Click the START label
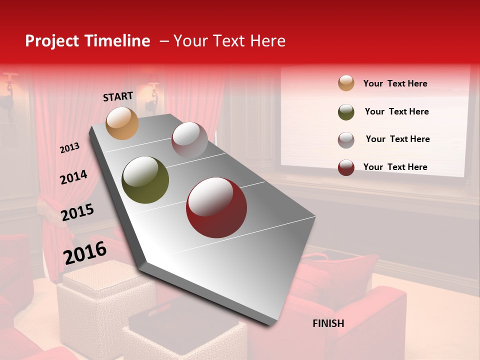click(x=118, y=96)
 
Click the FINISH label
click(x=328, y=323)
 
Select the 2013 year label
click(x=69, y=147)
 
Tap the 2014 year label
click(x=73, y=177)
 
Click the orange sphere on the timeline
click(x=122, y=123)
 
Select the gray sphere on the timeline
click(x=189, y=140)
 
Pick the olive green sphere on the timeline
click(x=145, y=180)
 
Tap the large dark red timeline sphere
click(x=216, y=207)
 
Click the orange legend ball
click(x=346, y=83)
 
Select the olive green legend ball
click(x=346, y=112)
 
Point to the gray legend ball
click(x=346, y=140)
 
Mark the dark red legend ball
click(x=346, y=167)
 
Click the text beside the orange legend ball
click(x=395, y=83)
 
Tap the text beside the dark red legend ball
click(x=395, y=167)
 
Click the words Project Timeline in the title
click(x=87, y=41)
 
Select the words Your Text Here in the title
click(x=229, y=41)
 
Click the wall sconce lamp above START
click(x=152, y=92)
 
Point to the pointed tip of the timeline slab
click(x=272, y=324)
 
